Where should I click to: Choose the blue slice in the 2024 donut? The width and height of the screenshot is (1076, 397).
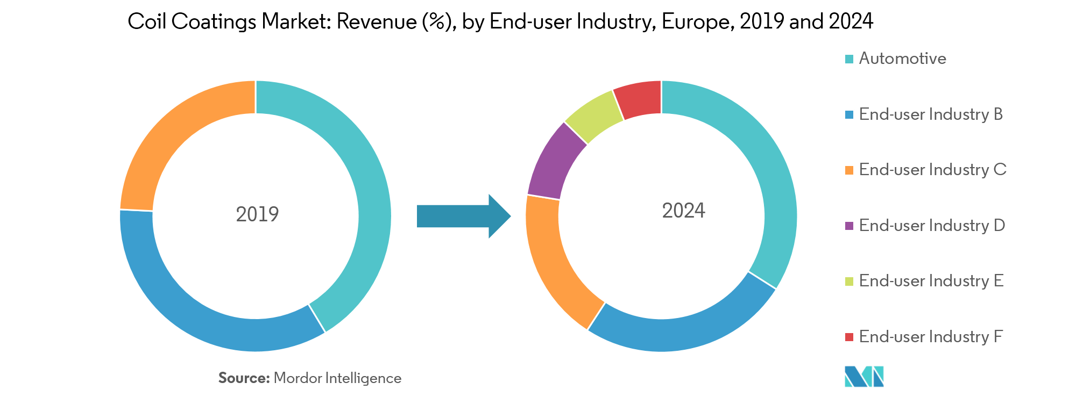click(x=683, y=333)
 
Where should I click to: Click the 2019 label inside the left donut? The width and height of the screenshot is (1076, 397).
click(x=257, y=214)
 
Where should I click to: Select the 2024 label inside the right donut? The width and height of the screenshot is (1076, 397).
click(x=683, y=211)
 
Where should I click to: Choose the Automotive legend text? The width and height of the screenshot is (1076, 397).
click(x=902, y=59)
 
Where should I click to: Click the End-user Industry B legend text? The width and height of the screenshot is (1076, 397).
click(x=931, y=114)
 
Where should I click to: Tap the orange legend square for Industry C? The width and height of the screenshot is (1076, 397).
click(x=849, y=170)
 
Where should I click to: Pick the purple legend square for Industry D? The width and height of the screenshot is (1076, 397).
click(x=849, y=226)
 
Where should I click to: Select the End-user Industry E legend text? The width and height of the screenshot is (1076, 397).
click(x=931, y=281)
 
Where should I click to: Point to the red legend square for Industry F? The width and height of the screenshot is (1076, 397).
click(x=849, y=337)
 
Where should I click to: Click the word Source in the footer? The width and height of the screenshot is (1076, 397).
click(x=243, y=378)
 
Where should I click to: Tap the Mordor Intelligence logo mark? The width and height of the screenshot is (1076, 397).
click(x=864, y=376)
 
